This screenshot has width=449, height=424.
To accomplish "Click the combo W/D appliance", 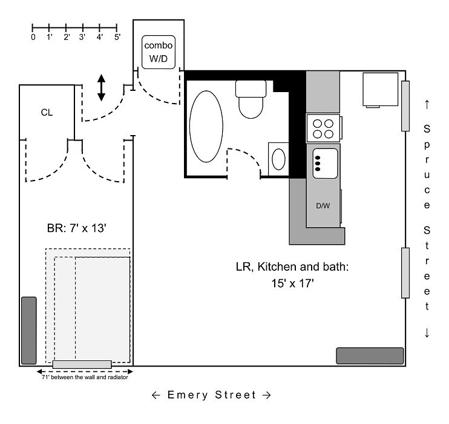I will pyautogui.click(x=158, y=53).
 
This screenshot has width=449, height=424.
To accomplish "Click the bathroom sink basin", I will pyautogui.click(x=278, y=159).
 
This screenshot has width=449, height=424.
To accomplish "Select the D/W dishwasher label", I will pyautogui.click(x=323, y=205).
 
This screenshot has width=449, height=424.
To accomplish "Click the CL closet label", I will pyautogui.click(x=47, y=112).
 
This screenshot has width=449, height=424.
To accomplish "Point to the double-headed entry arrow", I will pyautogui.click(x=102, y=88).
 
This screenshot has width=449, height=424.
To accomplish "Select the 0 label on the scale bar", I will pyautogui.click(x=33, y=37).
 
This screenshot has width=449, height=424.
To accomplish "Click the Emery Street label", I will pyautogui.click(x=211, y=396).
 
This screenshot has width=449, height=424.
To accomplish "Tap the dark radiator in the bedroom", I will pyautogui.click(x=28, y=330).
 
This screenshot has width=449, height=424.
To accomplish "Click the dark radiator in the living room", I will pyautogui.click(x=370, y=356).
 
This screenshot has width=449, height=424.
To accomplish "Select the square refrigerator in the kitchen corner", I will pyautogui.click(x=380, y=90).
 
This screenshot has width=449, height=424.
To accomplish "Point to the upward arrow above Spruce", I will pyautogui.click(x=427, y=104).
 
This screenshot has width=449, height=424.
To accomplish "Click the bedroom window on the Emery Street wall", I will pyautogui.click(x=82, y=365).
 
